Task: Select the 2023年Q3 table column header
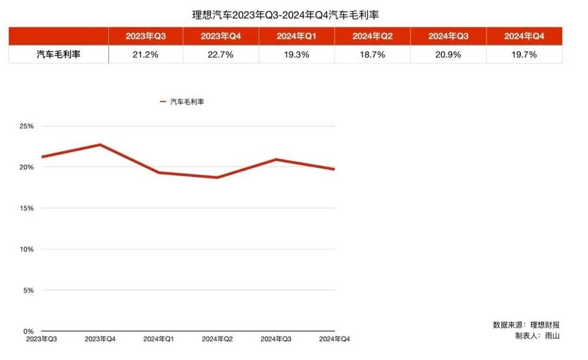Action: (145, 36)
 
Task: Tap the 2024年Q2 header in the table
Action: (372, 36)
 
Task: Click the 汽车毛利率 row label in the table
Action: (58, 55)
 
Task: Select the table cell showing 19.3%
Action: (296, 55)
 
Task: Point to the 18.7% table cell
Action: (372, 55)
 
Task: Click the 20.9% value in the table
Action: (448, 55)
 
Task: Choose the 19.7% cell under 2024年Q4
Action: (524, 55)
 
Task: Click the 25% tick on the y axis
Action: (27, 126)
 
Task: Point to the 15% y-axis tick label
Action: (27, 208)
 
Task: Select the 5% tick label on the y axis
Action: (29, 290)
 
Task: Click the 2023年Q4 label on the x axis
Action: (100, 339)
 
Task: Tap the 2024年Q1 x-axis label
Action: (159, 339)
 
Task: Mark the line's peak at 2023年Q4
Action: (100, 145)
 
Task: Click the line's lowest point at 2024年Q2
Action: (218, 177)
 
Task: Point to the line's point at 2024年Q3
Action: (276, 159)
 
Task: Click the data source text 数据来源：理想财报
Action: (526, 325)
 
